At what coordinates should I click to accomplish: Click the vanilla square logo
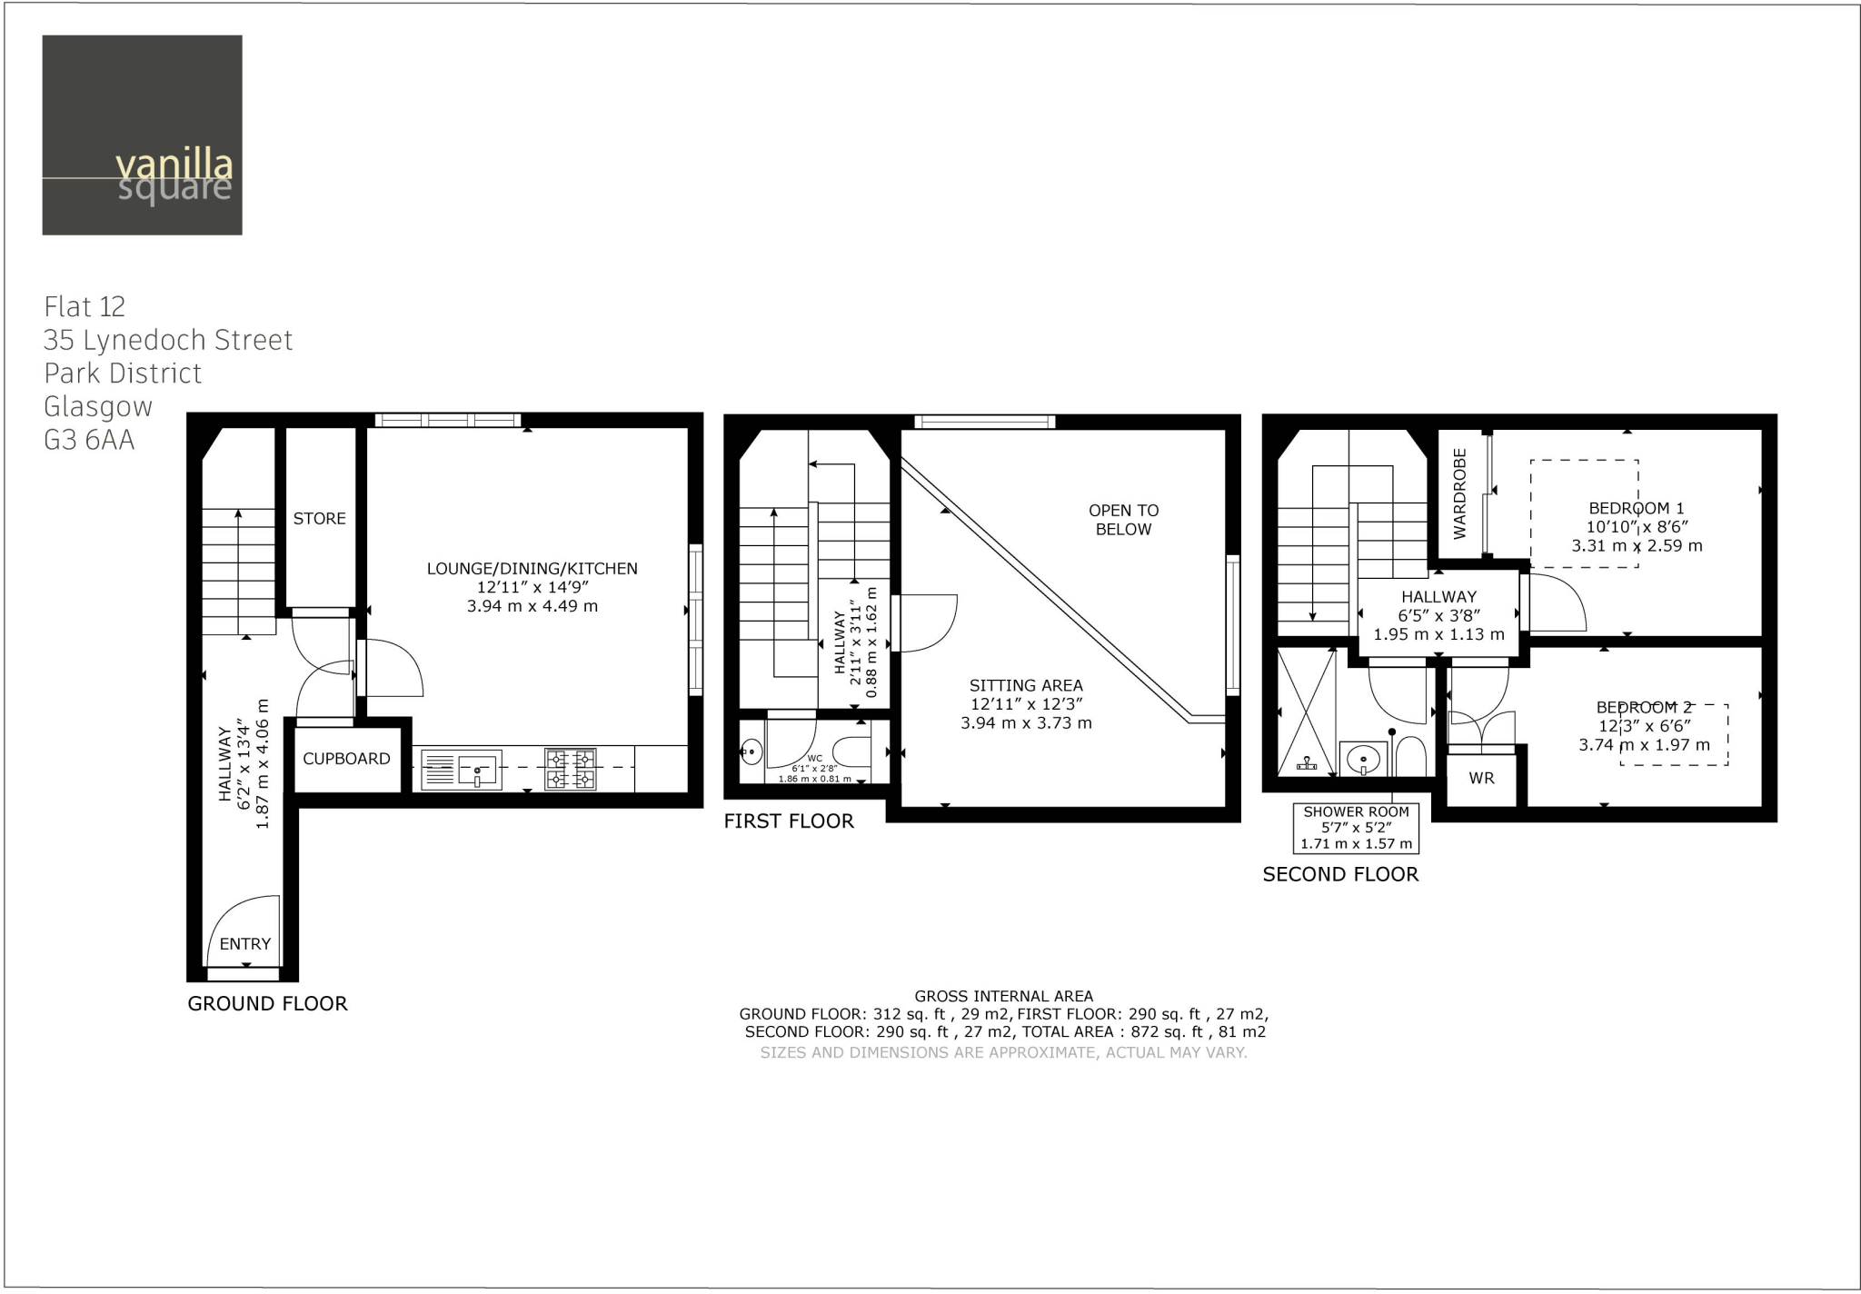point(142,134)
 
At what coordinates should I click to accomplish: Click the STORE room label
point(319,519)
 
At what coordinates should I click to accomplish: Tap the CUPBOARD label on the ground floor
point(346,759)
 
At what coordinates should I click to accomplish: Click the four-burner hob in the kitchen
point(571,769)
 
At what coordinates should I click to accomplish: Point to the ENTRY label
point(244,944)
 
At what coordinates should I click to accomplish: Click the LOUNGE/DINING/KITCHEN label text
point(532,569)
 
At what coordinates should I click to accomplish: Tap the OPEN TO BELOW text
point(1123,520)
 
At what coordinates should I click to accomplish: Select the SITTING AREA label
point(1026,686)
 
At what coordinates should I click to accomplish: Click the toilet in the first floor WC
point(851,752)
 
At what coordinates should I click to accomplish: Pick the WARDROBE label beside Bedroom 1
point(1459,493)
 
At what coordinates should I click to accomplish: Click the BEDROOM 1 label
point(1636,509)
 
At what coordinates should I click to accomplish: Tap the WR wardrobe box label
point(1481,779)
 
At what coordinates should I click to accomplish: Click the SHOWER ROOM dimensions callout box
point(1356,827)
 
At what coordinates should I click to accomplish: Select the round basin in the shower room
point(1362,758)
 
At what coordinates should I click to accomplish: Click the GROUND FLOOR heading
point(267,1003)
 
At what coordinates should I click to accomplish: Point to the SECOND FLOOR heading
point(1339,874)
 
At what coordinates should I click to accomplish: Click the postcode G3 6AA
point(89,440)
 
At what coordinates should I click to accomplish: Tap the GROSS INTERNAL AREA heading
point(1003,996)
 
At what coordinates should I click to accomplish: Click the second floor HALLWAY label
point(1438,597)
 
